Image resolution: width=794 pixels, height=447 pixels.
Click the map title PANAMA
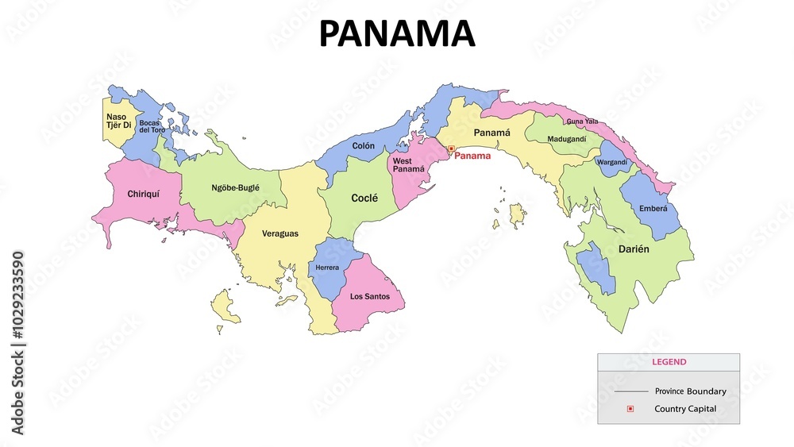396,34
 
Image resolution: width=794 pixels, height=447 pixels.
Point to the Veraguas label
280,233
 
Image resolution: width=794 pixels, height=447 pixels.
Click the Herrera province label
327,268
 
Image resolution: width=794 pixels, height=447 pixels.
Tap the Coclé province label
364,198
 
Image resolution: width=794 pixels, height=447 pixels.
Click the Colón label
364,146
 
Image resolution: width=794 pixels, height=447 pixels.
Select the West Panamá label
408,165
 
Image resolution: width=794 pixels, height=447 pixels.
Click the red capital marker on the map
451,148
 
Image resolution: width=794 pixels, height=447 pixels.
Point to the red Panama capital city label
472,156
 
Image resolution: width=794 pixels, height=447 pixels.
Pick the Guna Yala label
582,121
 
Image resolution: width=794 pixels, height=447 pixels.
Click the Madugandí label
567,140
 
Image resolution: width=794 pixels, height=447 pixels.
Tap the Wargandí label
611,162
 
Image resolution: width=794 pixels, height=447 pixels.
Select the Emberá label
653,209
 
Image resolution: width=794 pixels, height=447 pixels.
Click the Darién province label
634,249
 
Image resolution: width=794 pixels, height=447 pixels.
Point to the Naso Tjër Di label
118,121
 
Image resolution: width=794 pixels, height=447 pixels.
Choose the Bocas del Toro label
152,126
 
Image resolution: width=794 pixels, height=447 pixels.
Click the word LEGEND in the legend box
669,362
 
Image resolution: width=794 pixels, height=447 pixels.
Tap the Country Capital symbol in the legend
630,409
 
